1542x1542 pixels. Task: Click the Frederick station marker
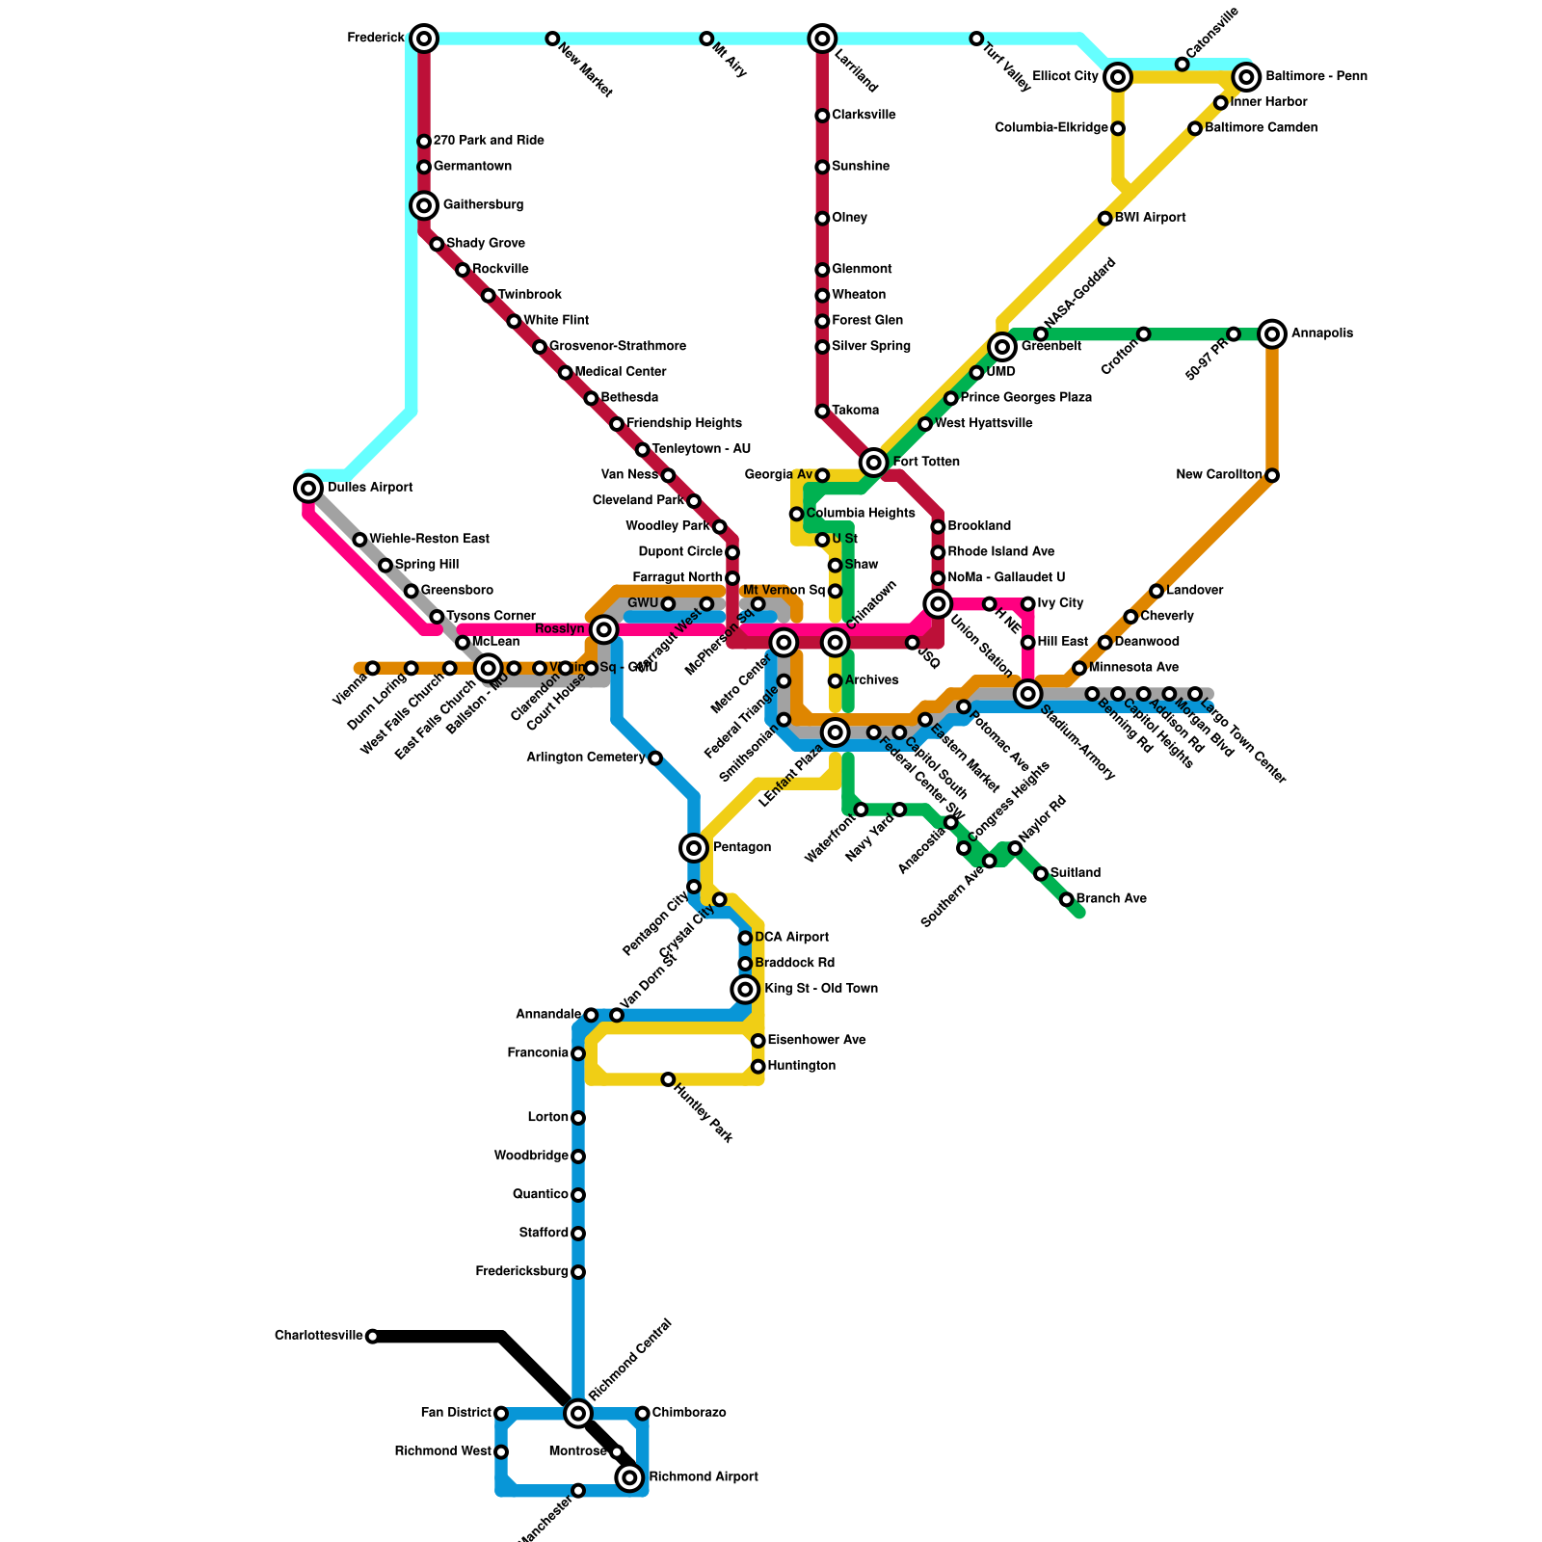(424, 39)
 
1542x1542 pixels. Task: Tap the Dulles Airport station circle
(308, 489)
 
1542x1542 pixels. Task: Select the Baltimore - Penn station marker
(1247, 77)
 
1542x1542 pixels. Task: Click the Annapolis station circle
(1272, 334)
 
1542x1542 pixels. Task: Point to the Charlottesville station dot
(372, 1336)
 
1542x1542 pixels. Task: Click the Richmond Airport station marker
(629, 1477)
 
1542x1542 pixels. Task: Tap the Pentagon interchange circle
(694, 848)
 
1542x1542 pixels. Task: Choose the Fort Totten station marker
(873, 463)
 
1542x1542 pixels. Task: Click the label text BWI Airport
(1150, 218)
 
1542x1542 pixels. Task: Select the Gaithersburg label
(483, 205)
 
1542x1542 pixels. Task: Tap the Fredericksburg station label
(521, 1272)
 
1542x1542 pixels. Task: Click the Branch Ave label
(1111, 899)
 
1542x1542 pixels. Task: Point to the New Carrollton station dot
(1272, 475)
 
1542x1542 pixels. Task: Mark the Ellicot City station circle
(1118, 77)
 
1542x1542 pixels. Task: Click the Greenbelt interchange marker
(1002, 347)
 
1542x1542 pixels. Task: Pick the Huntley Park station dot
(668, 1079)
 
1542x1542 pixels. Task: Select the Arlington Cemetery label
(585, 758)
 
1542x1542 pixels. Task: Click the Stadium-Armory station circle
(1028, 694)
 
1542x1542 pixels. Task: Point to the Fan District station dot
(501, 1413)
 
